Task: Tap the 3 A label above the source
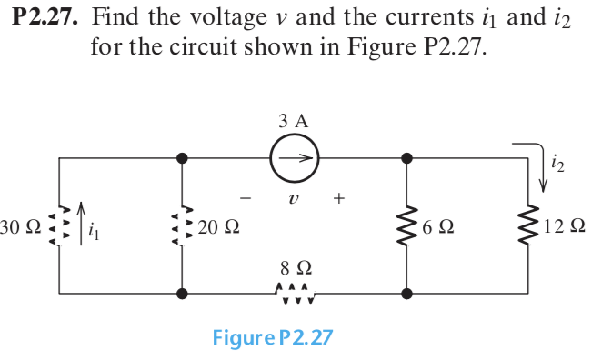point(294,119)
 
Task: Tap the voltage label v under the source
point(292,197)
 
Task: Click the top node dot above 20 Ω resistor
point(183,158)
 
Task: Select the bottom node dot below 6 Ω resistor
point(406,294)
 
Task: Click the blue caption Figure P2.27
point(272,338)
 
